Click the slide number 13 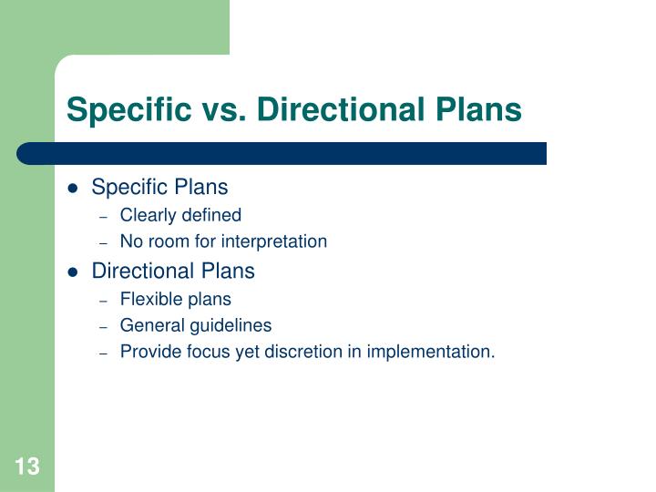point(26,467)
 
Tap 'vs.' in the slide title point(224,109)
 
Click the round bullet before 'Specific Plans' point(74,189)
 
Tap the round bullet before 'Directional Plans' point(74,272)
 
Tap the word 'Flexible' point(149,299)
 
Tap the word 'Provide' point(149,352)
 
